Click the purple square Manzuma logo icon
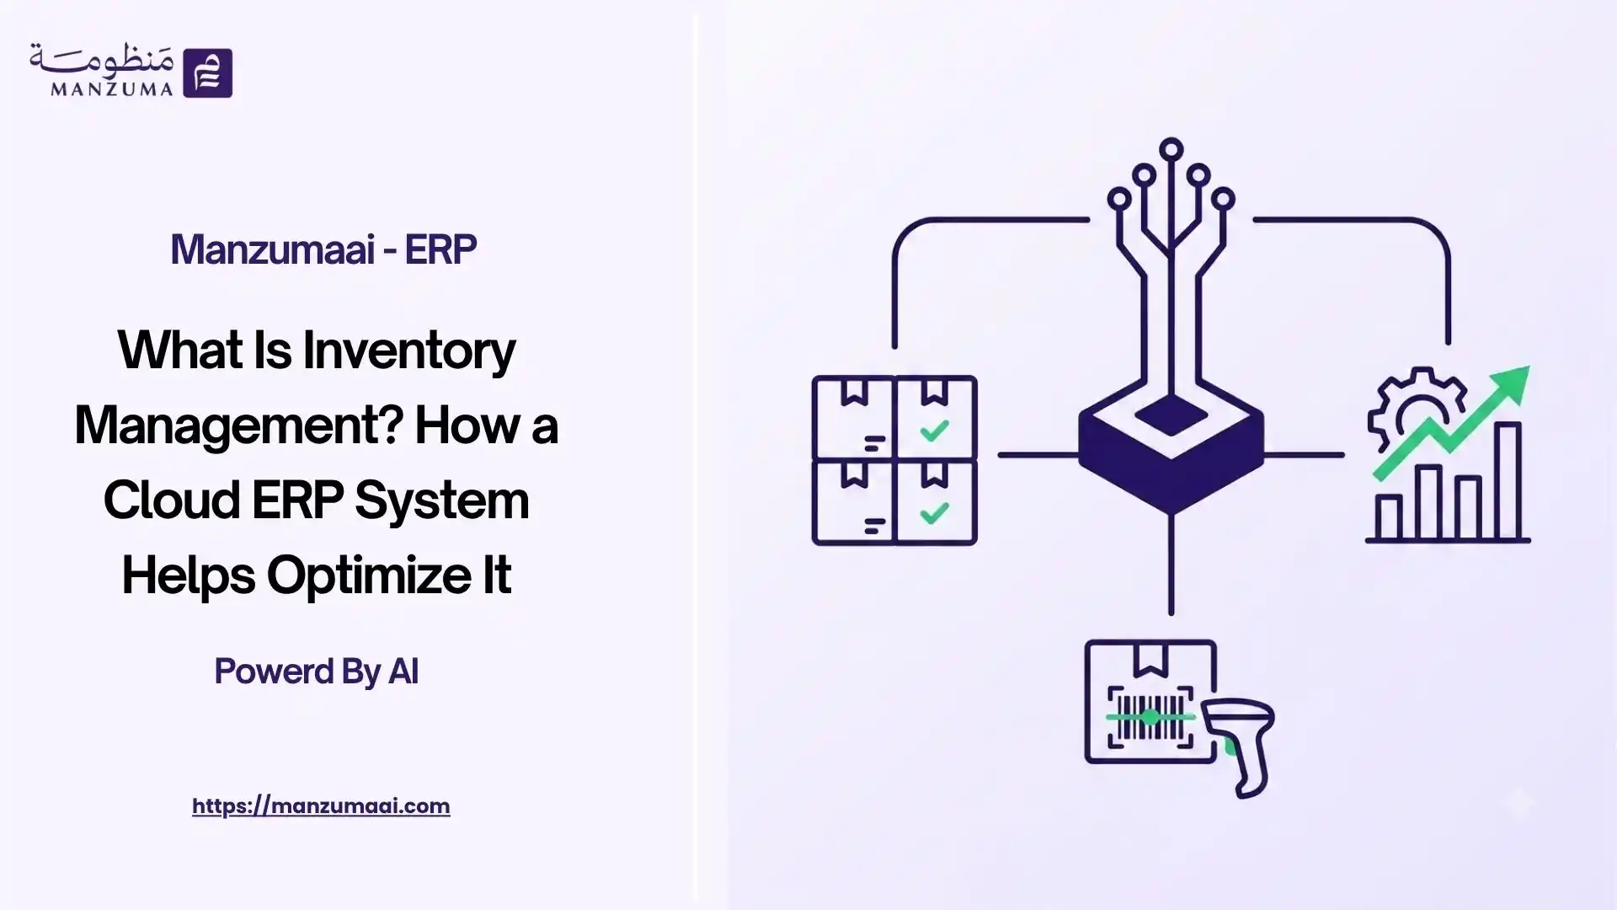coord(207,72)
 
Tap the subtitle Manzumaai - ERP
coord(323,249)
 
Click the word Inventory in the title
coord(409,351)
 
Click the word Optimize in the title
coord(367,576)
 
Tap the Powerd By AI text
coord(317,672)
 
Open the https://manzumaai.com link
coord(321,806)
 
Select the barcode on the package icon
coord(1150,716)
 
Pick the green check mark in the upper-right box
coord(935,431)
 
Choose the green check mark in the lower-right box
coord(935,513)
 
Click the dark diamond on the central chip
coord(1171,415)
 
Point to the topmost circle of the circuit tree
coord(1171,150)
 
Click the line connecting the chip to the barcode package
coord(1171,565)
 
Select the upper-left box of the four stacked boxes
coord(853,418)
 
